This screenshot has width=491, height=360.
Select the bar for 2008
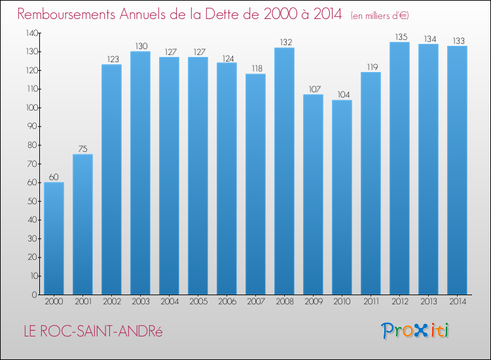click(x=284, y=171)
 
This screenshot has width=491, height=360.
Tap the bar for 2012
click(x=399, y=168)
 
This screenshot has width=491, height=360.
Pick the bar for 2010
click(x=342, y=197)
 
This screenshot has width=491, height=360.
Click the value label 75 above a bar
click(x=82, y=149)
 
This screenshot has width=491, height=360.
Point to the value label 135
click(x=399, y=37)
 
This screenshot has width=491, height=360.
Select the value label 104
click(x=342, y=94)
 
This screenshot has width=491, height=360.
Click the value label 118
click(x=255, y=68)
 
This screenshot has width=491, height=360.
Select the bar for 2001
click(x=82, y=225)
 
